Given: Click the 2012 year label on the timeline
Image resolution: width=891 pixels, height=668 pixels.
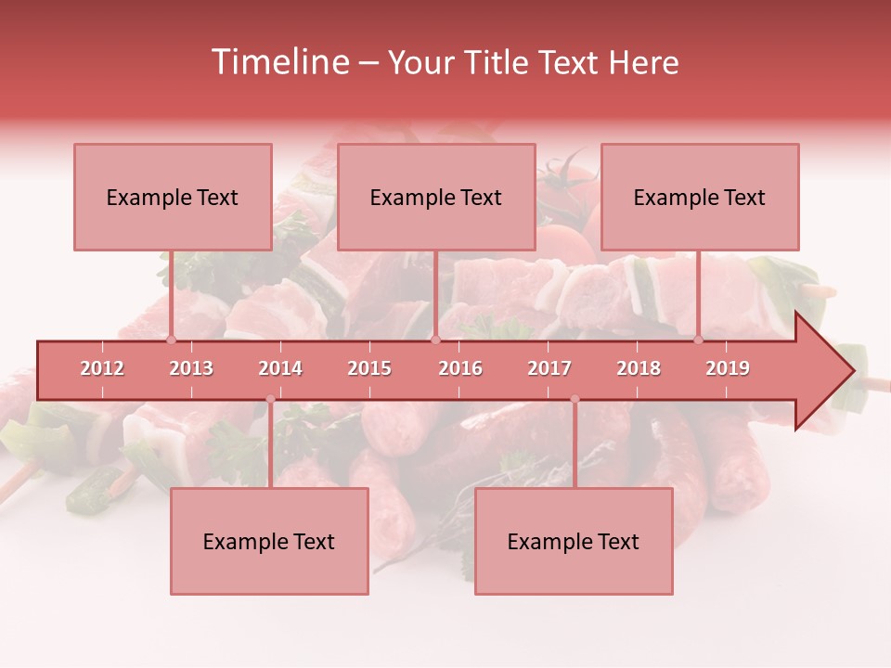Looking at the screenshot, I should click(x=102, y=368).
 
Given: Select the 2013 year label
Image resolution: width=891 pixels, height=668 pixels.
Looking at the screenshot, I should click(x=191, y=368).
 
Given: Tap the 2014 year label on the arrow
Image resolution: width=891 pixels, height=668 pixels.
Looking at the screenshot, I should click(x=280, y=368).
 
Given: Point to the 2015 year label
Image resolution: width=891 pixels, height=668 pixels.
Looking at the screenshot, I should click(x=369, y=368).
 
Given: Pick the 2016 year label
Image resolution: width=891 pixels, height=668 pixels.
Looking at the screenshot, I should click(x=460, y=368).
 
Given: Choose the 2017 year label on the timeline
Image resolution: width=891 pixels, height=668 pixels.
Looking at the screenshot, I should click(x=549, y=368).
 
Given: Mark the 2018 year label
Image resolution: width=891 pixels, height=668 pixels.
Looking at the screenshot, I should click(x=639, y=368).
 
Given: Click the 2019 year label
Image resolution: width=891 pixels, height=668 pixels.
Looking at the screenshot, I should click(x=728, y=368).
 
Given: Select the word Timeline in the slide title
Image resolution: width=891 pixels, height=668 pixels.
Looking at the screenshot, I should click(x=278, y=62).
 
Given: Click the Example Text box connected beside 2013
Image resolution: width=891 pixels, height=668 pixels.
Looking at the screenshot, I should click(x=173, y=197).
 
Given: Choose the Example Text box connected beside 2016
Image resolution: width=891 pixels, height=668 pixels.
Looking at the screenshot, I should click(x=436, y=197).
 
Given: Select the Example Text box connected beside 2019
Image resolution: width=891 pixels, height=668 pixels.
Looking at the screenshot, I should click(x=700, y=197).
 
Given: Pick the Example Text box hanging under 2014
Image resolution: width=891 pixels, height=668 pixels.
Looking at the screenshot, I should click(x=269, y=541).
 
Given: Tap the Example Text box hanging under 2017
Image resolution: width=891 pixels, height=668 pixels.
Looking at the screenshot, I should click(x=574, y=541).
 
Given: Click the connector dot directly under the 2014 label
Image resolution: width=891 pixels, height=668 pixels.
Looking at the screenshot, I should click(x=270, y=399).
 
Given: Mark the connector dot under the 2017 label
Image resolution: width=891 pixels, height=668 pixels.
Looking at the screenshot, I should click(x=575, y=399).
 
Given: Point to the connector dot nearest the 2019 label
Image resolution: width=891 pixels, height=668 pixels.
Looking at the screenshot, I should click(x=699, y=340).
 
